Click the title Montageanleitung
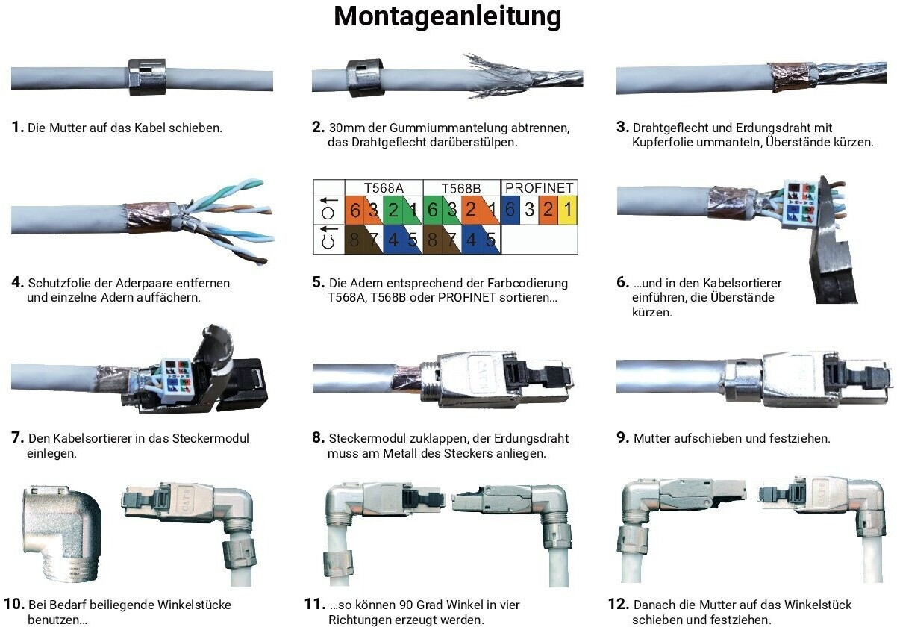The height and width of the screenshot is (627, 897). (447, 16)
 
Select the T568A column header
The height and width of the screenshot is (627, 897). (383, 187)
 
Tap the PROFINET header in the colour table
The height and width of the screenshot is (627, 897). (539, 187)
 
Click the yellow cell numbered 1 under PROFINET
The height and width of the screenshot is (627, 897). (567, 210)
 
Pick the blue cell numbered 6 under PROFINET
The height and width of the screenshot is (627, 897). (510, 210)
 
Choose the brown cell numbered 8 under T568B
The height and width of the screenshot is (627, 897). (432, 241)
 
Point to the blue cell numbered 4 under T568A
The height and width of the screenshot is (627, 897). (393, 241)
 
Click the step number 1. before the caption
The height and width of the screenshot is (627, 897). (18, 128)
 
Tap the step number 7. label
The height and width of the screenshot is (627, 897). (18, 438)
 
